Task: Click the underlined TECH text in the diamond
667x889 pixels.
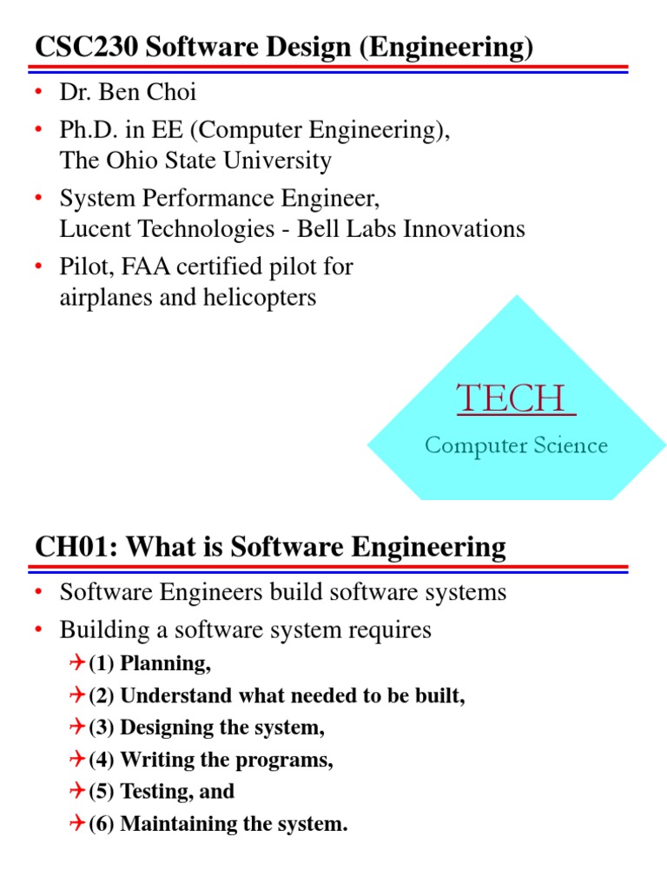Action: [x=516, y=398]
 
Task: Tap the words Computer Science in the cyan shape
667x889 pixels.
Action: [x=516, y=445]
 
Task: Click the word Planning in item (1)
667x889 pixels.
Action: [x=165, y=664]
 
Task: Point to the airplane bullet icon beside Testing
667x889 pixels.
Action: [x=76, y=791]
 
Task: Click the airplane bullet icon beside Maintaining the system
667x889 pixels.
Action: [x=76, y=823]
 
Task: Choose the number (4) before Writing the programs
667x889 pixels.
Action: [x=102, y=760]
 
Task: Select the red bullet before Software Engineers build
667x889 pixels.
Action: [x=39, y=594]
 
